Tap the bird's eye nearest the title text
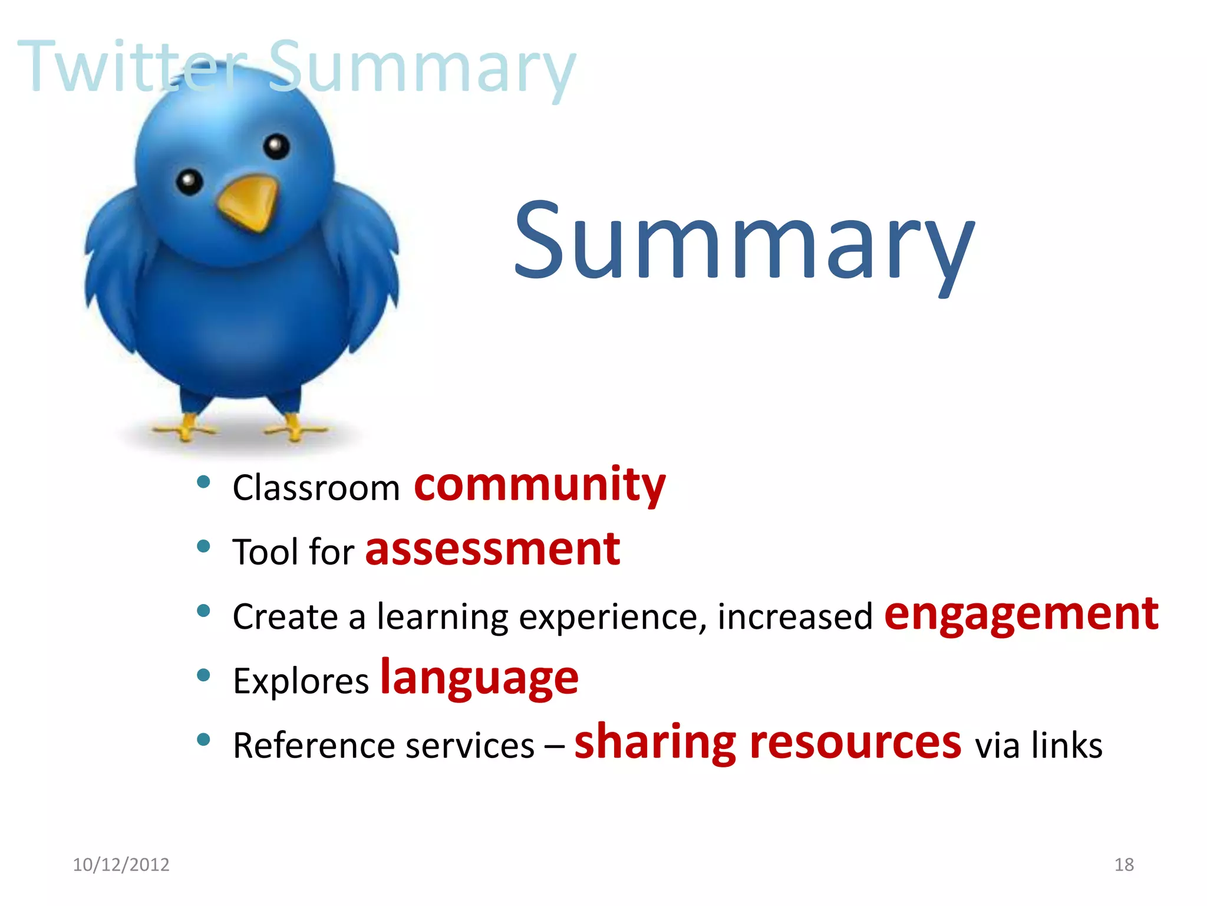pyautogui.click(x=276, y=146)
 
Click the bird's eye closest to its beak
pyautogui.click(x=189, y=182)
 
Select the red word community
pyautogui.click(x=539, y=485)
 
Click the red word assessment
pyautogui.click(x=492, y=549)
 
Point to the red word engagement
pyautogui.click(x=1021, y=615)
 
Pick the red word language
pyautogui.click(x=479, y=678)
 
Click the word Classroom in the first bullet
pyautogui.click(x=316, y=488)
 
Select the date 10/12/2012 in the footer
pyautogui.click(x=121, y=865)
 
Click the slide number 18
pyautogui.click(x=1123, y=865)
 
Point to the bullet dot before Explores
pyautogui.click(x=203, y=675)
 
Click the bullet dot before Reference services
pyautogui.click(x=203, y=740)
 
